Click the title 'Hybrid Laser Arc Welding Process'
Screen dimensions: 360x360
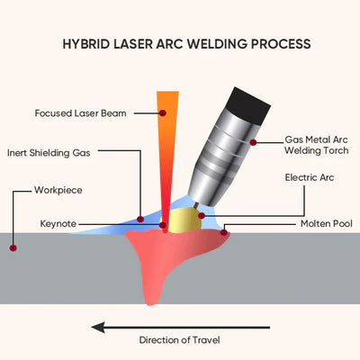tap(186, 43)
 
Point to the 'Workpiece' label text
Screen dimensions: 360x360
tap(61, 191)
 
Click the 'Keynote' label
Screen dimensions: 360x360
tap(61, 221)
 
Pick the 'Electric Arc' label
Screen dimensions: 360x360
tap(309, 178)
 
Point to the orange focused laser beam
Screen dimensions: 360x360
tap(165, 144)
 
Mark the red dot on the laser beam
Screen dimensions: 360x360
tap(163, 113)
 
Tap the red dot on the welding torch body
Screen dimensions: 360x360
tap(254, 141)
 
